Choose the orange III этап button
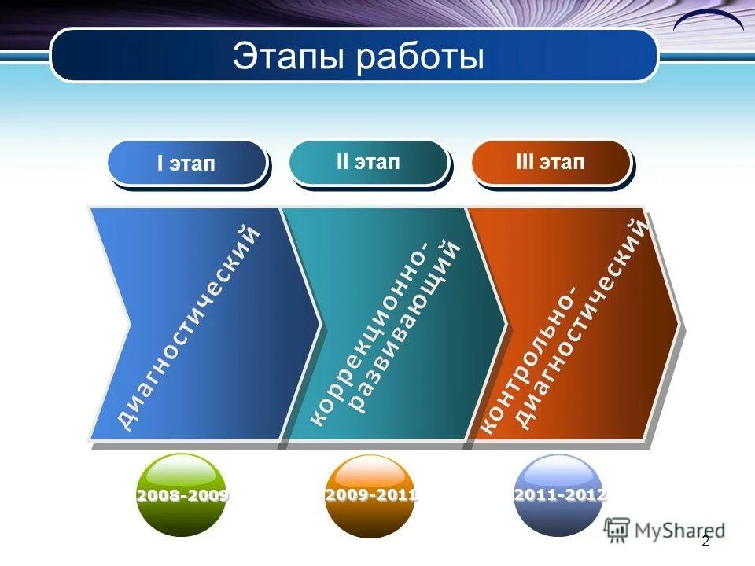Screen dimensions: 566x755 [551, 163]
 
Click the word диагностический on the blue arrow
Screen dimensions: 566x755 [188, 326]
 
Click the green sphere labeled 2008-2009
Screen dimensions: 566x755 [182, 495]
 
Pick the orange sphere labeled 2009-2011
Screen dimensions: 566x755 [370, 495]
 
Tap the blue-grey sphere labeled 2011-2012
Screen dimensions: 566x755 [558, 495]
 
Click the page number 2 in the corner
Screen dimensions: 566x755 [705, 542]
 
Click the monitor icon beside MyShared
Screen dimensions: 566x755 [617, 528]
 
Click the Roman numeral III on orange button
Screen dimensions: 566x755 [525, 163]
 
